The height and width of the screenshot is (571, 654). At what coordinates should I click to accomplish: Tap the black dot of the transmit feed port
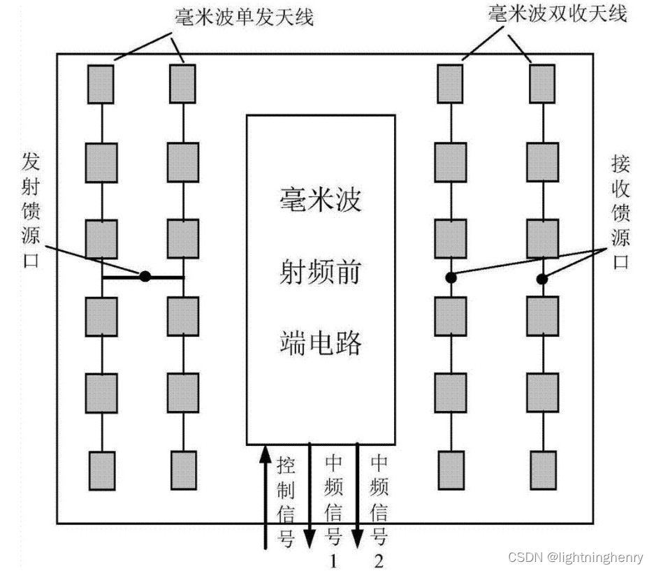tap(145, 276)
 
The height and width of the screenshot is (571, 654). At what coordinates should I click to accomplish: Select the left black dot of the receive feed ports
tap(451, 277)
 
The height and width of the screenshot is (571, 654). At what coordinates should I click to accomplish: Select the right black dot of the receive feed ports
tap(542, 280)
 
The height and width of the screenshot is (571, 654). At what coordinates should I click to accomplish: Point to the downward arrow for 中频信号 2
tap(357, 496)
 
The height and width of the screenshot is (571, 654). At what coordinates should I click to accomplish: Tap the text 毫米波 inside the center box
tap(319, 201)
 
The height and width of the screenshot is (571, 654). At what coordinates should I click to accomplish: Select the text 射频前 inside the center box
tap(319, 272)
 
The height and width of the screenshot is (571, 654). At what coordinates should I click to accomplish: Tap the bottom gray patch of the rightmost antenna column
tap(543, 470)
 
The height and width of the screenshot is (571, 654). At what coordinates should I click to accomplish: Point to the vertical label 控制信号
tap(286, 500)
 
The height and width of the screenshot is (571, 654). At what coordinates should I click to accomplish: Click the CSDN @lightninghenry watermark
tap(576, 557)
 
